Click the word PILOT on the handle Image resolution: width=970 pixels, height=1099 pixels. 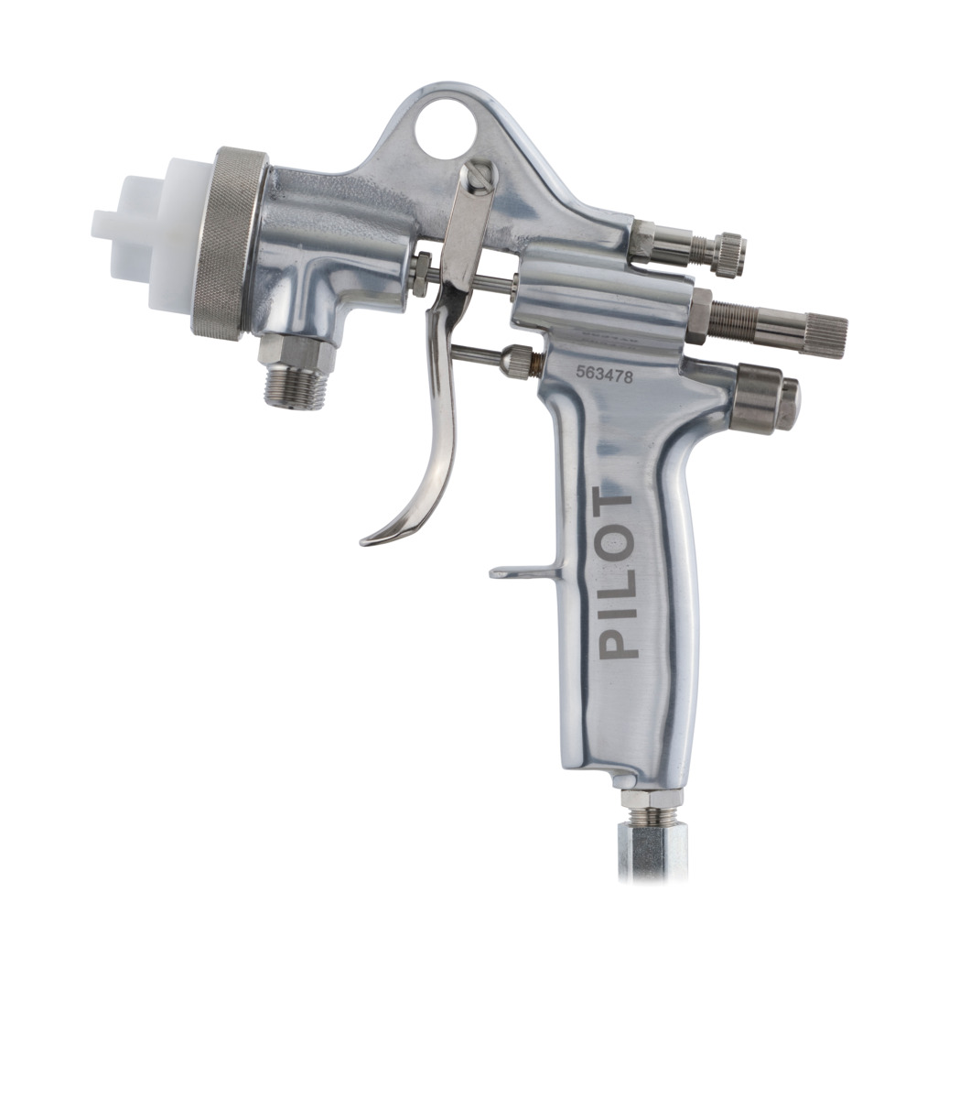tap(616, 576)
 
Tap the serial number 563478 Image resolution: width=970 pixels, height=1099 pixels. tap(604, 375)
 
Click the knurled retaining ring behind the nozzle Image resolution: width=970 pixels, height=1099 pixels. tap(230, 245)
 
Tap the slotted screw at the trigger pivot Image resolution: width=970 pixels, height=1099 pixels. tap(481, 175)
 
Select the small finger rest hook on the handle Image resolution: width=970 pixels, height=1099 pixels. tap(522, 571)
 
